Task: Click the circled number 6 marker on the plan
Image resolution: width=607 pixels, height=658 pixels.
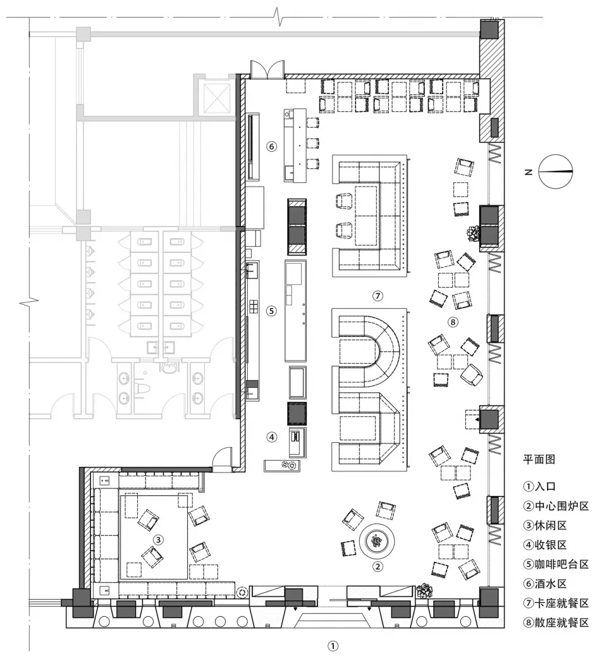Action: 271,146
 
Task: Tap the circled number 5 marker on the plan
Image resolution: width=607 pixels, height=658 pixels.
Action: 271,311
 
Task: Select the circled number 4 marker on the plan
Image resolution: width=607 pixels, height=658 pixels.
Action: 272,437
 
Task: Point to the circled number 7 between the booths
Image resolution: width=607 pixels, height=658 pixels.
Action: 377,296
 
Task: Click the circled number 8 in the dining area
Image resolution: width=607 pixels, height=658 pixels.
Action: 453,322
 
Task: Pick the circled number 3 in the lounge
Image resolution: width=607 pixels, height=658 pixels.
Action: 158,540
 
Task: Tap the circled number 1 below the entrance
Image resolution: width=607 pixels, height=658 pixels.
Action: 333,646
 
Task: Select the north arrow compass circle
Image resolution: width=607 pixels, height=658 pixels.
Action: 555,171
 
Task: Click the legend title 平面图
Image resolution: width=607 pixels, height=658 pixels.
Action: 539,459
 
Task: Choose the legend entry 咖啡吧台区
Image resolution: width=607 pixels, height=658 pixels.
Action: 561,564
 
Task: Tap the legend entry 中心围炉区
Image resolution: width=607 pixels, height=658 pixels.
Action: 561,506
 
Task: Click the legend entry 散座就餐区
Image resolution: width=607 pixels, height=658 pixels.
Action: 561,623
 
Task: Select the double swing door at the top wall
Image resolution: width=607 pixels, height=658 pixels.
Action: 267,69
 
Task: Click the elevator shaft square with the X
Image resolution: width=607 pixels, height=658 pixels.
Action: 216,98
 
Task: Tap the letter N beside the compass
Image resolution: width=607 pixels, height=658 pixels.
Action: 528,172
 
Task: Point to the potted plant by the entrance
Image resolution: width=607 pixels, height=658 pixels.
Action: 424,590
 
